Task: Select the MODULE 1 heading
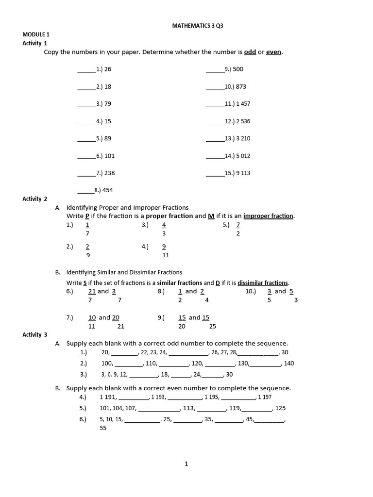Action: pos(36,34)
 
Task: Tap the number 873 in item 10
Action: pos(241,86)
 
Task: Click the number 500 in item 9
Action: pos(238,69)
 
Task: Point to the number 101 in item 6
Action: pos(109,156)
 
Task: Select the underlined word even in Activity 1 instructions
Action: pos(274,52)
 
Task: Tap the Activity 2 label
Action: pos(35,199)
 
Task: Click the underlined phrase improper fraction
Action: pos(268,216)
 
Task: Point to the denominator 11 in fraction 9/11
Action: pos(166,255)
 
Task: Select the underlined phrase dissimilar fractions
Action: pos(263,282)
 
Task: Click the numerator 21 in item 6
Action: pos(92,291)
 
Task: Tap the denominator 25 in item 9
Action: pos(213,326)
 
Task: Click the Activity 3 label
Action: pos(35,334)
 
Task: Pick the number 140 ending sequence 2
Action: pos(288,363)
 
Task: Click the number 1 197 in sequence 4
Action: pos(265,397)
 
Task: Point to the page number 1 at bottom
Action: pos(186,464)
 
